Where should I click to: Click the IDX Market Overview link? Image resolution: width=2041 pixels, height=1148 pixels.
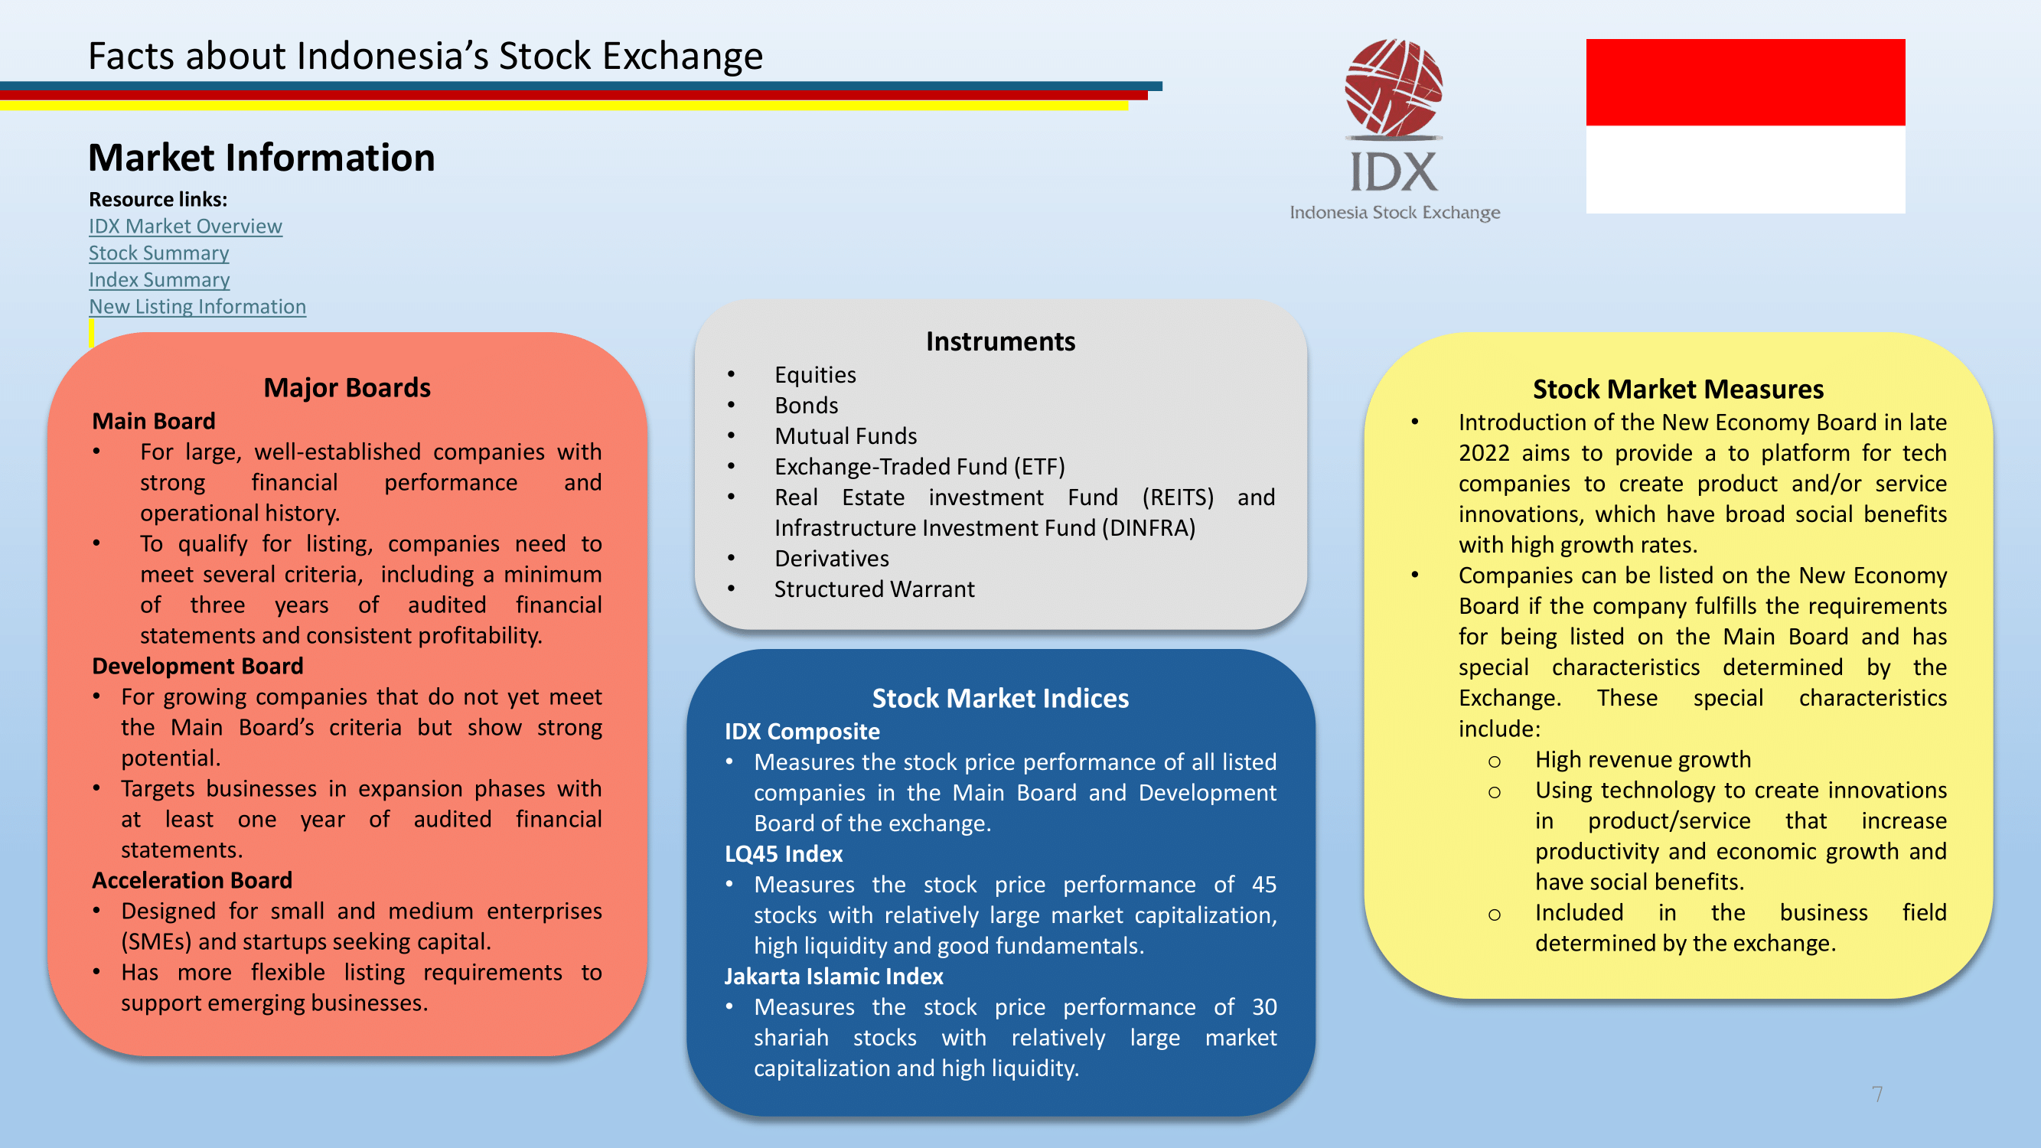coord(185,227)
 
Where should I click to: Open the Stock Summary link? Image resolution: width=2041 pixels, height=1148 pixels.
coord(159,253)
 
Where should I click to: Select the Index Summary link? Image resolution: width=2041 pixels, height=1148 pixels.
coord(159,280)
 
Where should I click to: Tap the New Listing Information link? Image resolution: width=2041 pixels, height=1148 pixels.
coord(197,308)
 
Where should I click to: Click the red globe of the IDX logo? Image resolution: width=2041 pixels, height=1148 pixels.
coord(1394,87)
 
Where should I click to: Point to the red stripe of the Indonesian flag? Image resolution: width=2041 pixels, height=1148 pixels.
coord(1746,83)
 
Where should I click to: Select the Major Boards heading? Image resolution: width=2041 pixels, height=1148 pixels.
coord(347,388)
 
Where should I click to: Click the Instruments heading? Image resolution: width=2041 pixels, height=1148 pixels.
coord(1001,341)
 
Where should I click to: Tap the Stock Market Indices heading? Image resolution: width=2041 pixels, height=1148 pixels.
coord(1001,699)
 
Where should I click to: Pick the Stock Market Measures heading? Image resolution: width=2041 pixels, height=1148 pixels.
coord(1678,390)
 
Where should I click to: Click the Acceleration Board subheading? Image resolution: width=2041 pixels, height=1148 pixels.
coord(193,881)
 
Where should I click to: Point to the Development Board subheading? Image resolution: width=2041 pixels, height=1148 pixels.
coord(198,667)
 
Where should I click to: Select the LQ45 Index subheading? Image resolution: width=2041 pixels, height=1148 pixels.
coord(784,854)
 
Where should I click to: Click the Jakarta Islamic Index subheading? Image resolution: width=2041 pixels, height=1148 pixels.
coord(833,977)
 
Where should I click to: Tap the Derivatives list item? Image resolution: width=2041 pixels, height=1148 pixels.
coord(832,559)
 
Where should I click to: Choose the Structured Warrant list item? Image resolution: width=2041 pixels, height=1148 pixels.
coord(875,590)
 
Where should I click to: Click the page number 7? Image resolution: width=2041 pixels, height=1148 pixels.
coord(1877,1095)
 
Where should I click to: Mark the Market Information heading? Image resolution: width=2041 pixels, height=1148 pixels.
coord(262,158)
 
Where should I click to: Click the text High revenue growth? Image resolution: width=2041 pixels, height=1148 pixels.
coord(1643,760)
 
